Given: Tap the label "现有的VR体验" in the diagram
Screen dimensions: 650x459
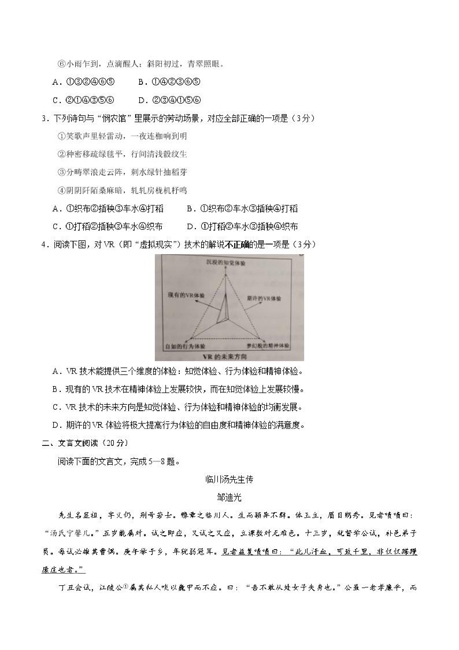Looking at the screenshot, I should (x=186, y=295).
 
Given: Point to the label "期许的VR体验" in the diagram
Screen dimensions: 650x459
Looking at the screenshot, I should (x=264, y=298).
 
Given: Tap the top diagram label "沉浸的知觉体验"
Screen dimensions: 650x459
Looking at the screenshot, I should (x=226, y=263).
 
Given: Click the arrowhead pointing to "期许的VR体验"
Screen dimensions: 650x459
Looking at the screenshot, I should (x=259, y=303).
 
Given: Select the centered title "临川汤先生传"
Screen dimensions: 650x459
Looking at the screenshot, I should (x=229, y=479).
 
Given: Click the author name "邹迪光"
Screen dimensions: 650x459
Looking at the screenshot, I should (x=229, y=497).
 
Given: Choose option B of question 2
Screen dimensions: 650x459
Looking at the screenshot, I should (x=169, y=82).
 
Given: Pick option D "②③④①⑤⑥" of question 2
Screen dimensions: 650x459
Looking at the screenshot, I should (x=169, y=100).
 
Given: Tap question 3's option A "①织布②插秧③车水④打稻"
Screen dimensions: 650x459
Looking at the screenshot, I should (x=108, y=209).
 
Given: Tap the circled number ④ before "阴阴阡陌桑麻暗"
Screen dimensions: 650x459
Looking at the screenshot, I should (x=62, y=191).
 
